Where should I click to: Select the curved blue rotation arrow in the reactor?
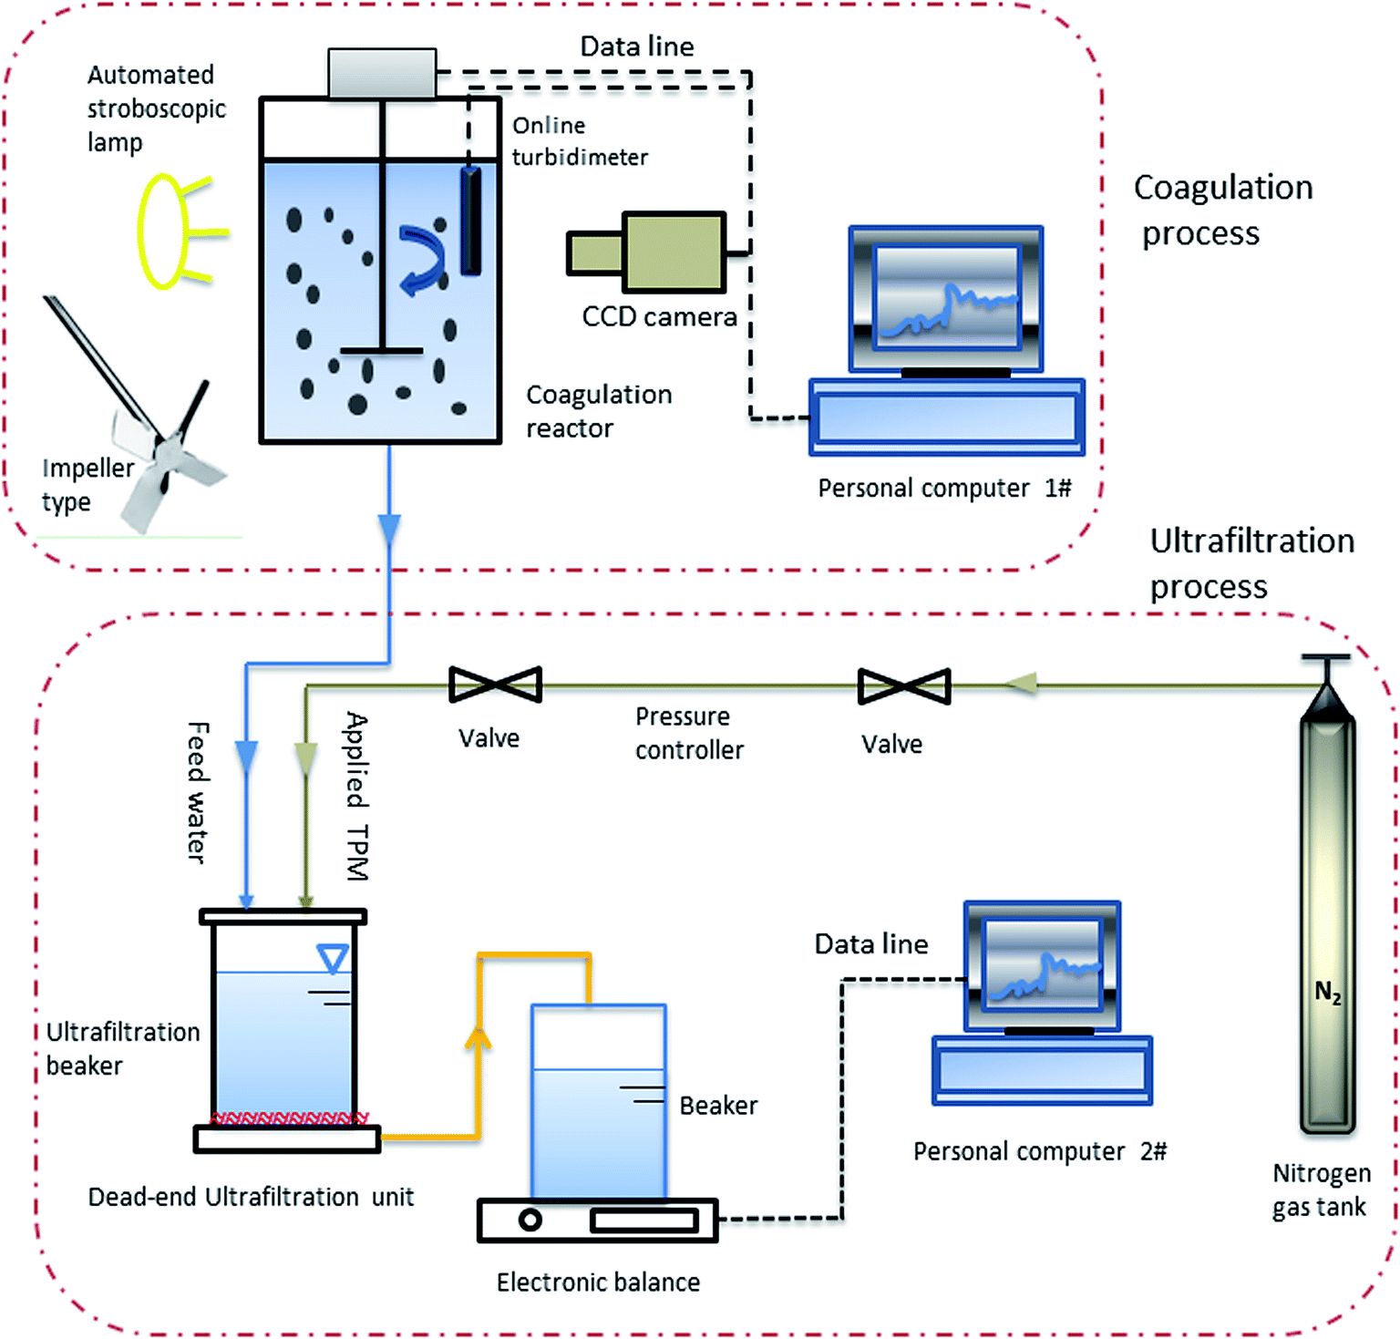pos(422,260)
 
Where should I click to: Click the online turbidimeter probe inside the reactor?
pos(470,221)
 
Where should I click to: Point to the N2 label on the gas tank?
pos(1327,992)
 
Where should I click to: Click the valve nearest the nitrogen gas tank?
pos(904,686)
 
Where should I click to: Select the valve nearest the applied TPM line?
pos(496,685)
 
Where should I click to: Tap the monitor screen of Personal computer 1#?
pos(946,296)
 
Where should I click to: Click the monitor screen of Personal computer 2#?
pos(1043,964)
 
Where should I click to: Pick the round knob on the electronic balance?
pos(530,1220)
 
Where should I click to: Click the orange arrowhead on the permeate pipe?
pos(478,1039)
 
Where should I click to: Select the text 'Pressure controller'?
pos(689,733)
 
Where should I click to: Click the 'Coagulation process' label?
pos(1222,210)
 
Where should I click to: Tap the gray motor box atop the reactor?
pos(382,73)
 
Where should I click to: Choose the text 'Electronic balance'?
pos(598,1282)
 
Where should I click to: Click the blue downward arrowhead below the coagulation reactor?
pos(389,529)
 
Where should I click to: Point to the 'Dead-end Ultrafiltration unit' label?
pos(251,1197)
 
